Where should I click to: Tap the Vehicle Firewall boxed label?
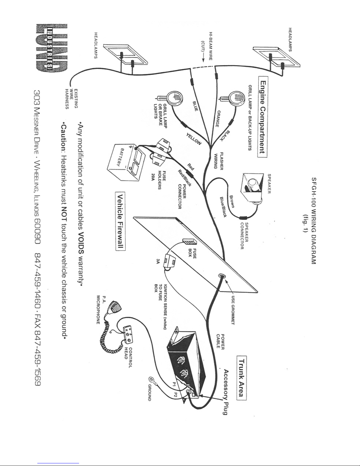tap(120, 221)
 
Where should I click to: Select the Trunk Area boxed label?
tap(242, 378)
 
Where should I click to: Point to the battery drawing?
tap(126, 162)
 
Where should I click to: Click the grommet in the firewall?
tap(222, 276)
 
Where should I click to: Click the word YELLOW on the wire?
tap(194, 139)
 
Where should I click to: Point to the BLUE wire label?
tap(195, 106)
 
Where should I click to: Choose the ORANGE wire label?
tap(218, 118)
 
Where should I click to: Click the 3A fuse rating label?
tap(158, 261)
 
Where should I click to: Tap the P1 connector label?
tap(174, 384)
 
